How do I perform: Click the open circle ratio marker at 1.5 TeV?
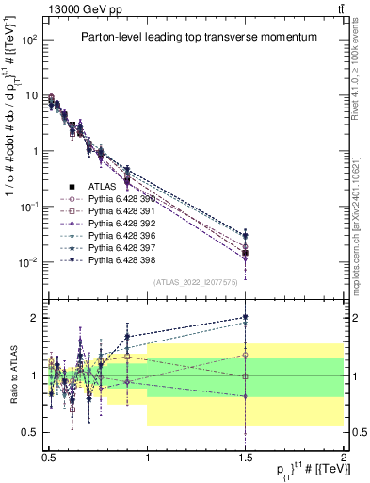pyautogui.click(x=246, y=355)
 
